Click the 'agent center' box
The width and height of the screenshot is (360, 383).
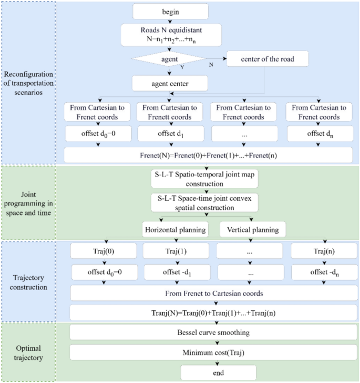[170, 83]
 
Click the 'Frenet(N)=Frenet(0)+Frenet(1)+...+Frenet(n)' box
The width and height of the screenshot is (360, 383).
[208, 155]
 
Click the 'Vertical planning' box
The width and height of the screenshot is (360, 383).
[247, 230]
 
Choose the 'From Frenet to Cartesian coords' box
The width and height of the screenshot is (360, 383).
[208, 294]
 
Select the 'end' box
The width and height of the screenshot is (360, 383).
[218, 373]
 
